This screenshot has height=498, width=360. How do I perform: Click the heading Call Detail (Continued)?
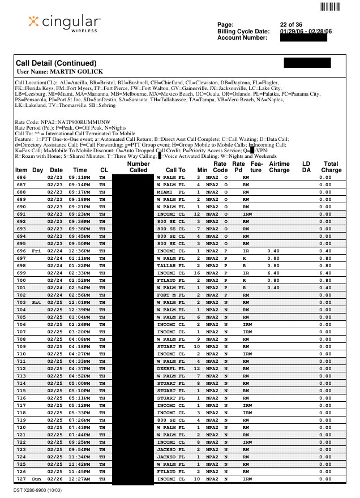tap(56, 63)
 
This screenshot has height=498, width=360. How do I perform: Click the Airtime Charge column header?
tap(279, 166)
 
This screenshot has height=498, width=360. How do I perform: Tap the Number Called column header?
tap(139, 166)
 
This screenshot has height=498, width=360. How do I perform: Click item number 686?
tap(21, 177)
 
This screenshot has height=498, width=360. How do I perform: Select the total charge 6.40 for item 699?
tap(325, 272)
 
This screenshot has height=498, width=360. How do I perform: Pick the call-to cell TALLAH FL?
tap(170, 265)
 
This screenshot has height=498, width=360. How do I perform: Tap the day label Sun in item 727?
tap(37, 479)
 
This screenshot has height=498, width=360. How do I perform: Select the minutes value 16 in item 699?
tap(198, 272)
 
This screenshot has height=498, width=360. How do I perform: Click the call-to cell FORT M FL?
tap(170, 295)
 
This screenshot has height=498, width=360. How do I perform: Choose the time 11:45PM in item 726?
tap(80, 472)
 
